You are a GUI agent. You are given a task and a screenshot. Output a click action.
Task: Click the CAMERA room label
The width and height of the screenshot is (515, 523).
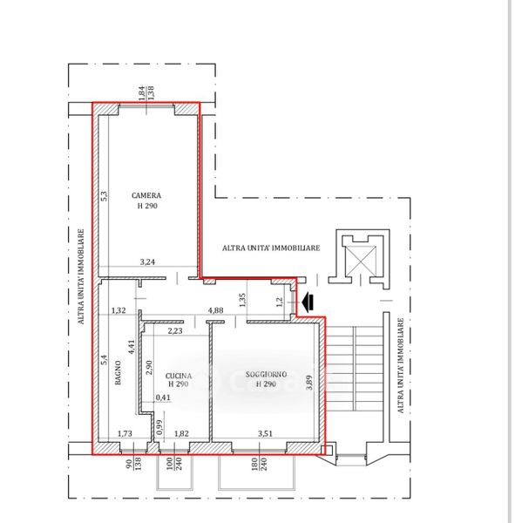pyautogui.click(x=146, y=195)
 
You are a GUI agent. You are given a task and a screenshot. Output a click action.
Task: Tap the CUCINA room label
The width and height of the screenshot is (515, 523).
pyautogui.click(x=179, y=376)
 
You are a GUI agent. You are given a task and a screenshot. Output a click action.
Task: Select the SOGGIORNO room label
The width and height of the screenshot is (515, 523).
pyautogui.click(x=266, y=374)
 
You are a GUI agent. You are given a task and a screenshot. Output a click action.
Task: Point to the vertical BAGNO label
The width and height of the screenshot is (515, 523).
pyautogui.click(x=118, y=372)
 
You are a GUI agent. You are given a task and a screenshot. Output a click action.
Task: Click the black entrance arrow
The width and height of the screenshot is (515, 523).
pyautogui.click(x=308, y=302)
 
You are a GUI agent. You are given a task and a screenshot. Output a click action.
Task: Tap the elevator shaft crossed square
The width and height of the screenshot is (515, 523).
pyautogui.click(x=361, y=261)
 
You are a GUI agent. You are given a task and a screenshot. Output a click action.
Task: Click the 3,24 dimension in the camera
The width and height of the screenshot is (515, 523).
pyautogui.click(x=147, y=261)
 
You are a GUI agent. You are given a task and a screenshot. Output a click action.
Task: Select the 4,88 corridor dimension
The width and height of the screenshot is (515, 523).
pyautogui.click(x=216, y=310)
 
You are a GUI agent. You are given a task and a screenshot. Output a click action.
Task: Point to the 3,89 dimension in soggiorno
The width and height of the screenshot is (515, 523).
pyautogui.click(x=309, y=383)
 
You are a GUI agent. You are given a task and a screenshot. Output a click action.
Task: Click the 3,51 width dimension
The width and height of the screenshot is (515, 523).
pyautogui.click(x=265, y=433)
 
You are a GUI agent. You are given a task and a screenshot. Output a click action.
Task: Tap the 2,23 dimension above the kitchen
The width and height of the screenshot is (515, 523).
pyautogui.click(x=175, y=331)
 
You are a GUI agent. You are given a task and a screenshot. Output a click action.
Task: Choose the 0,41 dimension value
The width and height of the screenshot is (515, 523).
pyautogui.click(x=163, y=397)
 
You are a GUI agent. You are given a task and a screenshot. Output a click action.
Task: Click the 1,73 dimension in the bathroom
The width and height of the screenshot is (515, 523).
pyautogui.click(x=125, y=433)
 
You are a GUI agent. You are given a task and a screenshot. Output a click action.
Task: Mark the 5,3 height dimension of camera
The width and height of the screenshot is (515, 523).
pyautogui.click(x=104, y=196)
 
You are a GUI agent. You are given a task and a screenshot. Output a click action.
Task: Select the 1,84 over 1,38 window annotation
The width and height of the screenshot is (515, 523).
pyautogui.click(x=146, y=93)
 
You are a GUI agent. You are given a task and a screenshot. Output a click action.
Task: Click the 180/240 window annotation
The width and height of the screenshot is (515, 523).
pyautogui.click(x=258, y=464)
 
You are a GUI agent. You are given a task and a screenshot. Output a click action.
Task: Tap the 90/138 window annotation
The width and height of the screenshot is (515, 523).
pyautogui.click(x=133, y=464)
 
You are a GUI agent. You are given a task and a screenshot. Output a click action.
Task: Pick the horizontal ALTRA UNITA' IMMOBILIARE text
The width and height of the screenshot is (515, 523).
pyautogui.click(x=271, y=248)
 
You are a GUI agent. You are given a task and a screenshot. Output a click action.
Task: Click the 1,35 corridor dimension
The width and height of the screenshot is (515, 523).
pyautogui.click(x=242, y=300)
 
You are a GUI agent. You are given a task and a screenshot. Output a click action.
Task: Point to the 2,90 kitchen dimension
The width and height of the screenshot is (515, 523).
pyautogui.click(x=149, y=367)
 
